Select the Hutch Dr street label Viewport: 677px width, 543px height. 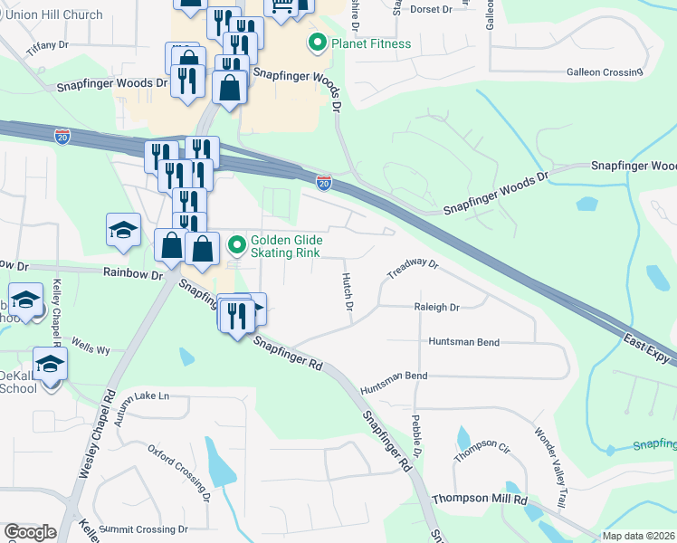[x=347, y=291]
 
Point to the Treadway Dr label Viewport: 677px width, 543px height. [x=413, y=268]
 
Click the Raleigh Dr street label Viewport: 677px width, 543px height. [x=436, y=308]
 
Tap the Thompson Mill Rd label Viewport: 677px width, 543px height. [x=479, y=499]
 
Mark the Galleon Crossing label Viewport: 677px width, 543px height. [x=604, y=72]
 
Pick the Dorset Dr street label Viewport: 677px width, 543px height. [x=431, y=9]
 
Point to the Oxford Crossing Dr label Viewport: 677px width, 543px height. [x=179, y=472]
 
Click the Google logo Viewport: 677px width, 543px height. [x=30, y=532]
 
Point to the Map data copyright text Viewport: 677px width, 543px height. [x=639, y=536]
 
